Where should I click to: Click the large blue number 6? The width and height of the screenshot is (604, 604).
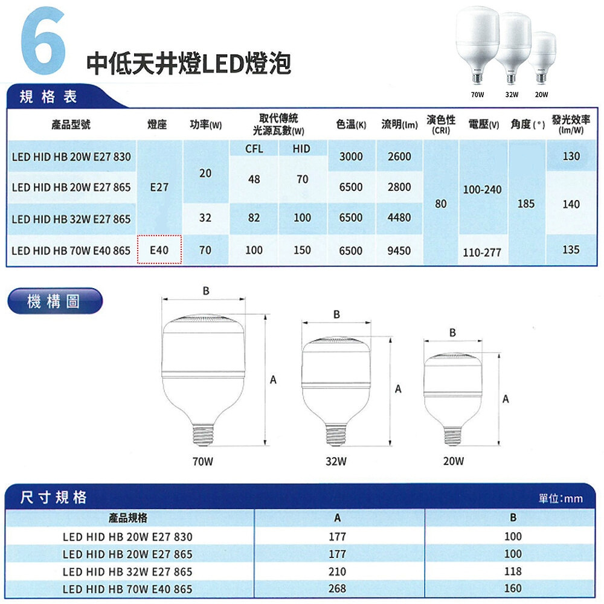[42, 40]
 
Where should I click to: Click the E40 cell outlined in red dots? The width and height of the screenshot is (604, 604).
[159, 249]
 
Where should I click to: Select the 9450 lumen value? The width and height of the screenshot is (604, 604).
[399, 251]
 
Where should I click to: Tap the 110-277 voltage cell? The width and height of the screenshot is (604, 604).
[482, 252]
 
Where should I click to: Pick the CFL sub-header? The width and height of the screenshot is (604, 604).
[254, 149]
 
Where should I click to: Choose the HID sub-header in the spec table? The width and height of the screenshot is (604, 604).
[301, 149]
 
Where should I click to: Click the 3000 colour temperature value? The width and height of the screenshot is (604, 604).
[350, 156]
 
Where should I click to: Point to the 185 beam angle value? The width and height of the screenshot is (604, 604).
[526, 204]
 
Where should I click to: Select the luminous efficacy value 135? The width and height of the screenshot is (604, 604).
[571, 249]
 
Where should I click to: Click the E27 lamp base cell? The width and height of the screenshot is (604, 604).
[159, 187]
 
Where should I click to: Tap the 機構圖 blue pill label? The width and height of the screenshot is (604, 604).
[55, 301]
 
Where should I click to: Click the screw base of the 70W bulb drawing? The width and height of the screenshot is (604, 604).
[203, 435]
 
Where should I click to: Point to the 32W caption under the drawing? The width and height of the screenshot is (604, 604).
[336, 461]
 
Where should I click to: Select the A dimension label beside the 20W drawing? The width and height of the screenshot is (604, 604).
[506, 399]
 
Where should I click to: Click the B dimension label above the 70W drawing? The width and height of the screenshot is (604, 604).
[206, 291]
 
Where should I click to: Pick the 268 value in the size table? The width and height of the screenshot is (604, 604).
[337, 588]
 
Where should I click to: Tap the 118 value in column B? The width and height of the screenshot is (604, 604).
[513, 571]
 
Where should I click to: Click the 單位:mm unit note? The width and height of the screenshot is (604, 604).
[561, 498]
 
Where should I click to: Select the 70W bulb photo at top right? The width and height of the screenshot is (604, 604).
[477, 44]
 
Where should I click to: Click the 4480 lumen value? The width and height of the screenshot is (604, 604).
[399, 217]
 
